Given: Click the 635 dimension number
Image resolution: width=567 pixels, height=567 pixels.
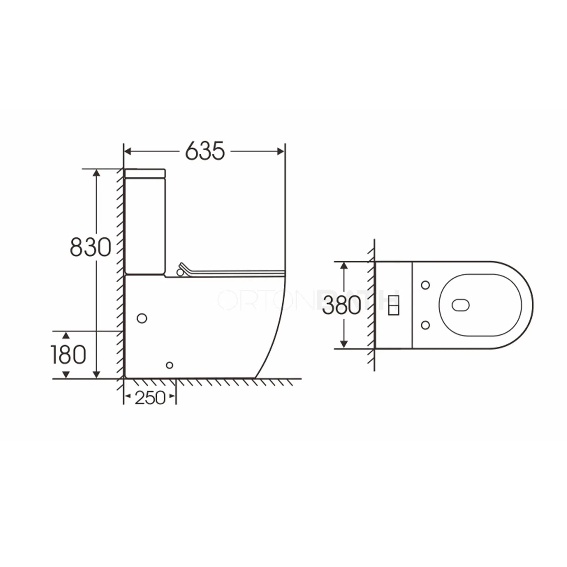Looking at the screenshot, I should click(205, 151).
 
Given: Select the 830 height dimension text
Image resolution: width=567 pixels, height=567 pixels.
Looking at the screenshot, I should click(90, 247).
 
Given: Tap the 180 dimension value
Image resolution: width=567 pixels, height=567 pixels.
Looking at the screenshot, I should click(68, 355).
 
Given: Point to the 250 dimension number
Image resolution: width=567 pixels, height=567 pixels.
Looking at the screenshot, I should click(150, 398).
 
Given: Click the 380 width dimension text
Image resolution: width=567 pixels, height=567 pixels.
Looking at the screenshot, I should click(341, 305).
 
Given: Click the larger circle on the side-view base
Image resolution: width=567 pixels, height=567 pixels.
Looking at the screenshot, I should click(142, 318).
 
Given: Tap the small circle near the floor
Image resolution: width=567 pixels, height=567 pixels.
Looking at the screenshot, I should click(170, 365).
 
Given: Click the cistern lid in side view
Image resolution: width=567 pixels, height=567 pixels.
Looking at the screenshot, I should click(145, 174).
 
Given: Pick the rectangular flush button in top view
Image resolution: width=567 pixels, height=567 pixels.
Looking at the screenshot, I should click(393, 305).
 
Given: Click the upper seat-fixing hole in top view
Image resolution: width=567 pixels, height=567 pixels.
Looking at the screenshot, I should click(425, 285).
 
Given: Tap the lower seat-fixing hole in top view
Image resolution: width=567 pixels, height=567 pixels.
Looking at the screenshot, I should click(425, 325).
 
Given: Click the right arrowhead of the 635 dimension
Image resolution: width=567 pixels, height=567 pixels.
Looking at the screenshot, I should click(281, 152).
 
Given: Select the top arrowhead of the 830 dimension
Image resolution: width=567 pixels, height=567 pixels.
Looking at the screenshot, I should click(96, 173).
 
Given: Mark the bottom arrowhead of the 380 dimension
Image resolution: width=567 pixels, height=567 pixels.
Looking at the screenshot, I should click(344, 344).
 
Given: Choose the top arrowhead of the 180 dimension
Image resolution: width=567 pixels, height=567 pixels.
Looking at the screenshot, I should click(66, 336).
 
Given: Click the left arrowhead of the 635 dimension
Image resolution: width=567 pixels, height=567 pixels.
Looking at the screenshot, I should click(128, 152).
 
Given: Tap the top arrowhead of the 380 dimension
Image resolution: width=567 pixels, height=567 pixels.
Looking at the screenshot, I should click(344, 266).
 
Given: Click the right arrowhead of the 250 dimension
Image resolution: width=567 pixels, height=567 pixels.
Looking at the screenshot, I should click(172, 396).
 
